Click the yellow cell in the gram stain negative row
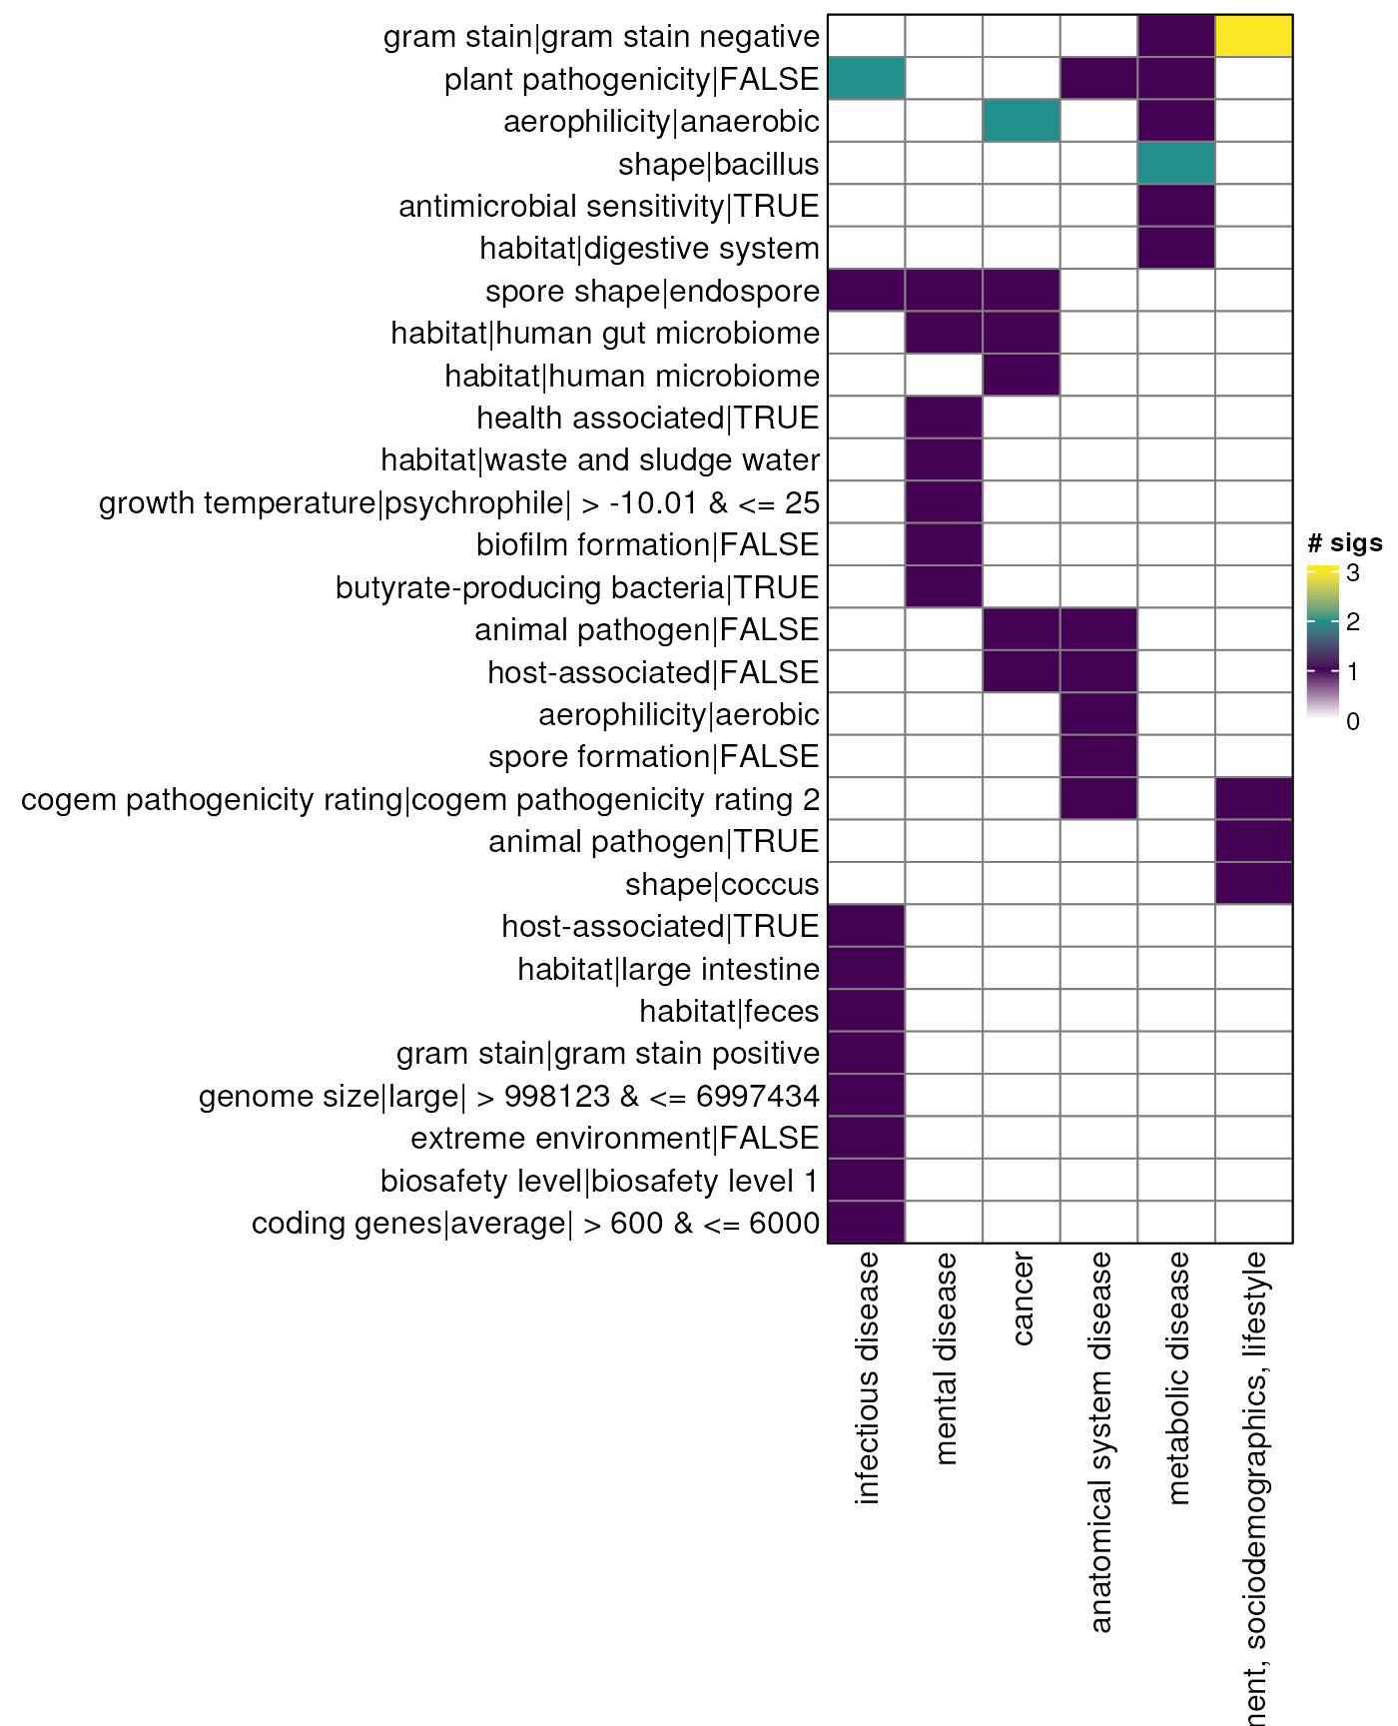pos(1254,36)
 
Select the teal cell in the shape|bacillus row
pos(1176,163)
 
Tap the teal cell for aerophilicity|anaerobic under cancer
pos(1021,121)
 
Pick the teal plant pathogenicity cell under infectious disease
pos(866,78)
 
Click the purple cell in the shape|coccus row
pos(1254,884)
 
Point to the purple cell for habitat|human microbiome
pos(1021,376)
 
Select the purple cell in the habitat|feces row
pos(866,1011)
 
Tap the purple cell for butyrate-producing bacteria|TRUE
pos(944,587)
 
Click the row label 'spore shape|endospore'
pos(652,292)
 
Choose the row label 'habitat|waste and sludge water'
pos(600,460)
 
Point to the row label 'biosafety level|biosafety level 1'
pos(599,1181)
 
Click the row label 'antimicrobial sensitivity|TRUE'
pos(608,207)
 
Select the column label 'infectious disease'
pos(867,1377)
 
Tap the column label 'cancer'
pos(1022,1298)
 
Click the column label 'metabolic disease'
pos(1178,1377)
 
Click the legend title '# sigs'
pos(1344,543)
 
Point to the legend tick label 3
pos(1352,573)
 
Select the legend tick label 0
pos(1352,721)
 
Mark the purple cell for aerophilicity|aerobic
pos(1098,714)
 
